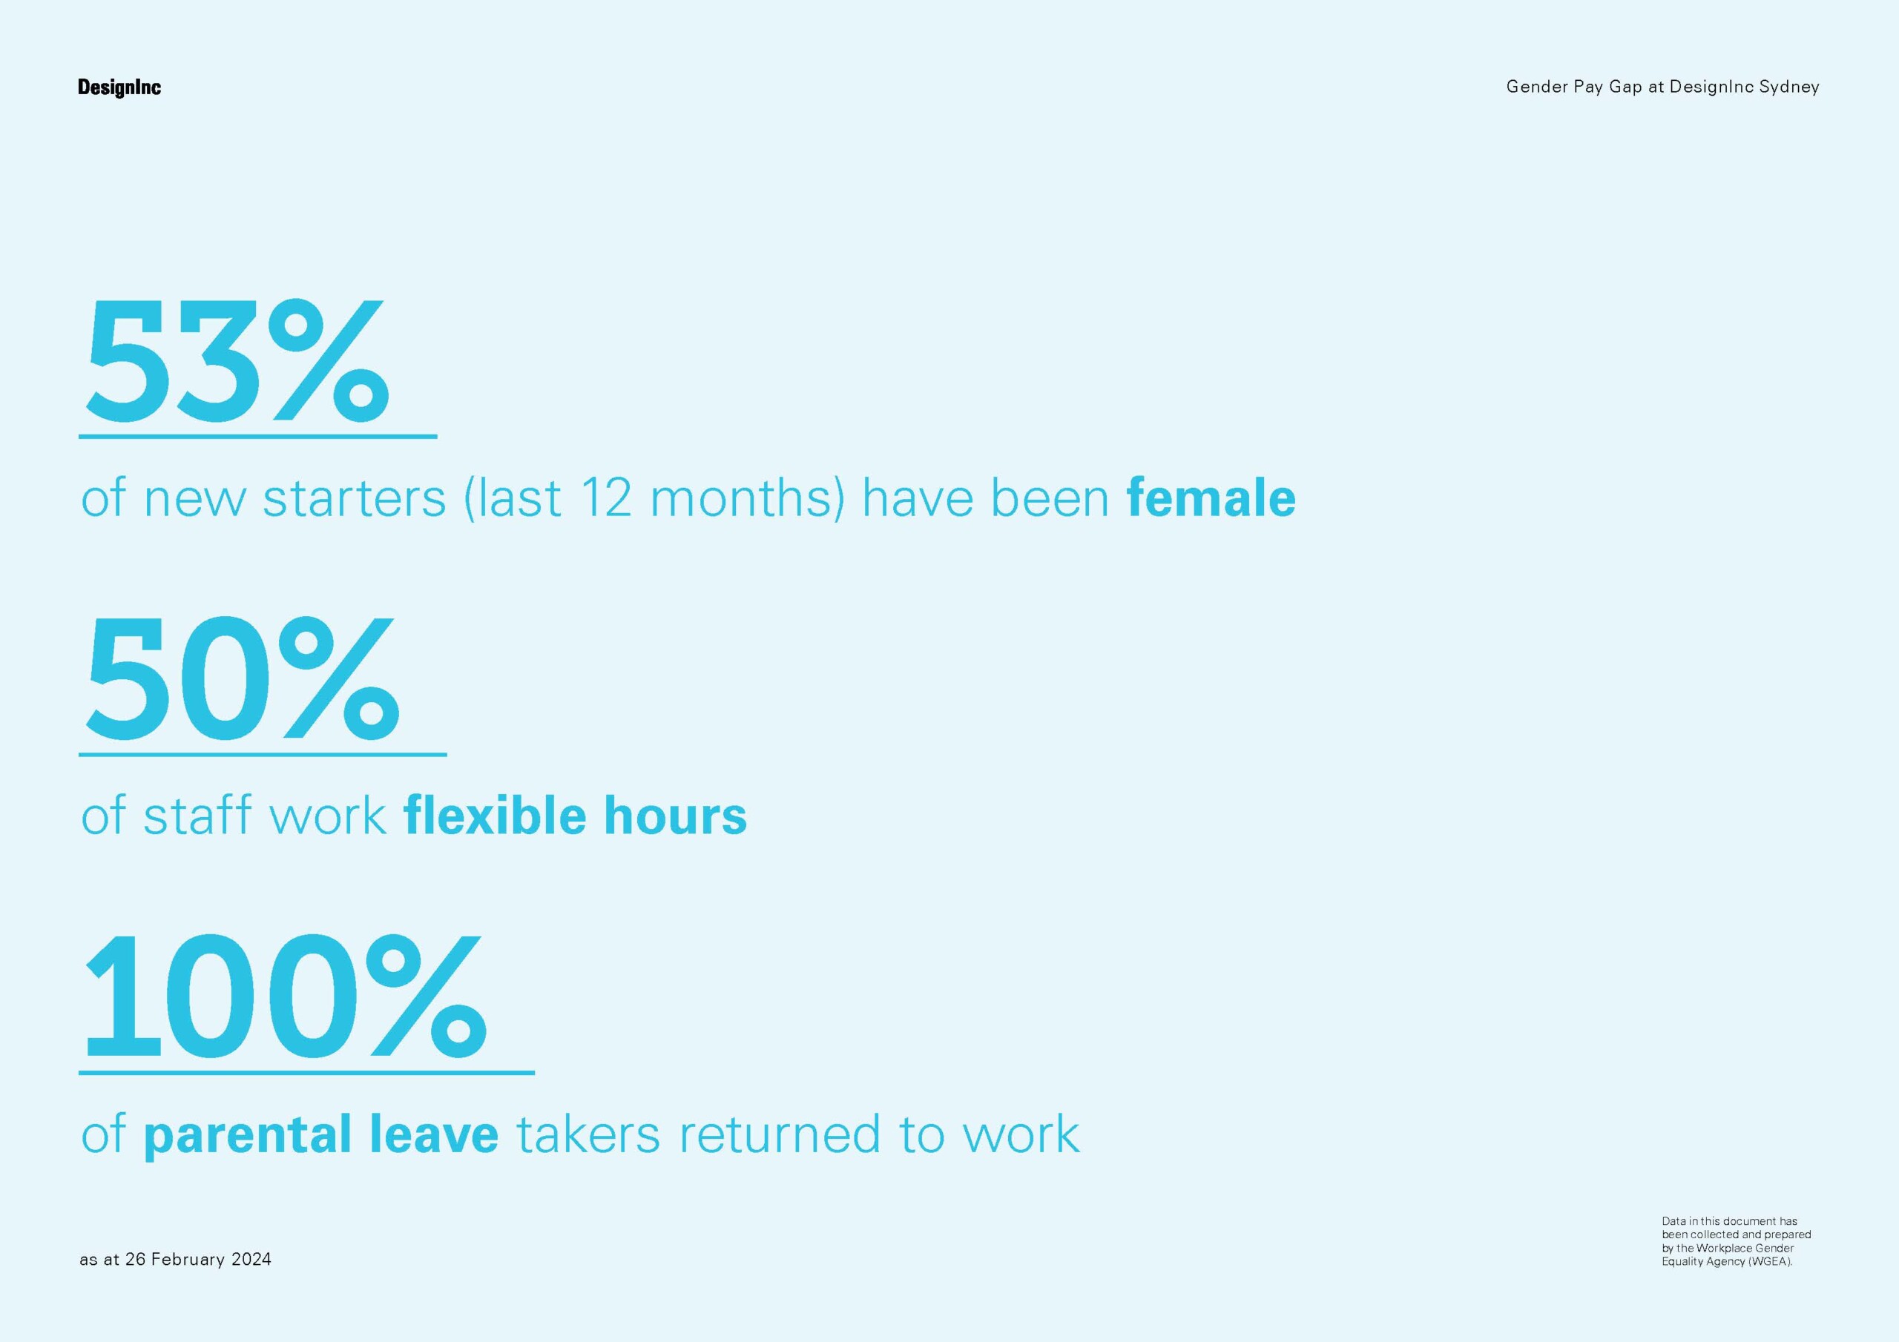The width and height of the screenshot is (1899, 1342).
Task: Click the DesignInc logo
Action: (x=119, y=87)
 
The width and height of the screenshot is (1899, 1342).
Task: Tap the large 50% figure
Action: (x=243, y=678)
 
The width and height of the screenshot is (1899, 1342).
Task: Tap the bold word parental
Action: (x=247, y=1134)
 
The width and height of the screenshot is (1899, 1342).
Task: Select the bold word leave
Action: (x=434, y=1133)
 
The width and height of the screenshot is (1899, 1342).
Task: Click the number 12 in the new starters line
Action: (x=605, y=498)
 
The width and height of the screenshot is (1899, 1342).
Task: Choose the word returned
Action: (x=779, y=1134)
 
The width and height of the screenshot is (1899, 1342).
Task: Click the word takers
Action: (x=588, y=1134)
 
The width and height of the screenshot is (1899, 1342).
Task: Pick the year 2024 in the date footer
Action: (x=251, y=1259)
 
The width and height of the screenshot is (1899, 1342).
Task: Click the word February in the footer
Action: (x=188, y=1259)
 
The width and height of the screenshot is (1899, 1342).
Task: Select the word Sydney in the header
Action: (x=1789, y=87)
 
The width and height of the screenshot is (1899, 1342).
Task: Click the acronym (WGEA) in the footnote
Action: (x=1770, y=1262)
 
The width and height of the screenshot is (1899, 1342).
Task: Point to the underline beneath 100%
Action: (x=307, y=1072)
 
